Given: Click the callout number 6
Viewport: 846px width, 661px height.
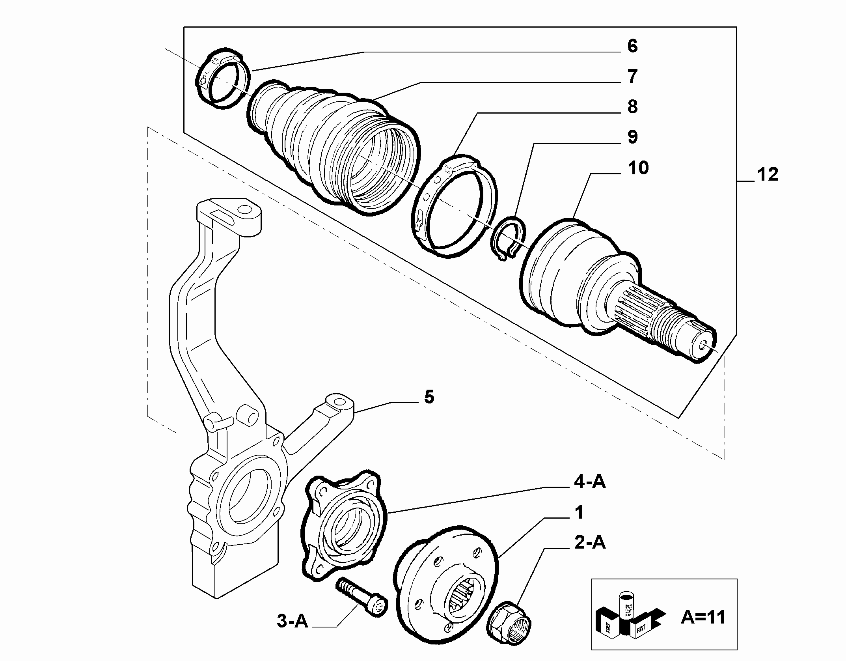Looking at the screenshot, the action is coord(632,46).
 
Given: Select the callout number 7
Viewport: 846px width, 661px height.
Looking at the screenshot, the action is coord(632,77).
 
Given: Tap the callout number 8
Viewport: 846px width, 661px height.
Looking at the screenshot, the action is coord(632,107).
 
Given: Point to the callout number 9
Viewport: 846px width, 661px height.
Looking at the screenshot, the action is coord(632,137).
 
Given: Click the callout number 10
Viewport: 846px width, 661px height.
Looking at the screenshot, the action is coord(638,168).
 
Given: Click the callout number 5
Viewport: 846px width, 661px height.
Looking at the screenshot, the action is coord(429,397).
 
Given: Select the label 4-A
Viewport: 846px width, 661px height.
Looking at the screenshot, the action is coord(589,482).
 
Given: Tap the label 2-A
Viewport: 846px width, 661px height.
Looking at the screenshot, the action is coord(589,543).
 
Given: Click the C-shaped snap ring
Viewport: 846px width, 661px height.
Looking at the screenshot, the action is coord(508,238).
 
